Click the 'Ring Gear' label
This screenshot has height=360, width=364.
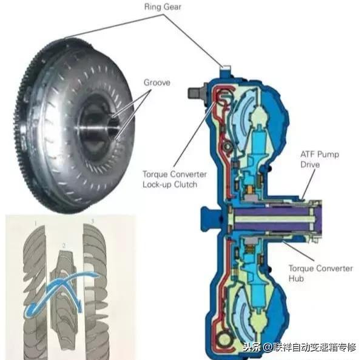162,8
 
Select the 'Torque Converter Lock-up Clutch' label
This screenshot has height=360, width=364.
174,179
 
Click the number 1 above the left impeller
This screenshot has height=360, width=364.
36,224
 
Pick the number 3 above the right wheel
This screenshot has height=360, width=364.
92,222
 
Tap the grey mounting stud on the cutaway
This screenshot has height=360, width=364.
196,93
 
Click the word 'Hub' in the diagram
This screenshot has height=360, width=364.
298,279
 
